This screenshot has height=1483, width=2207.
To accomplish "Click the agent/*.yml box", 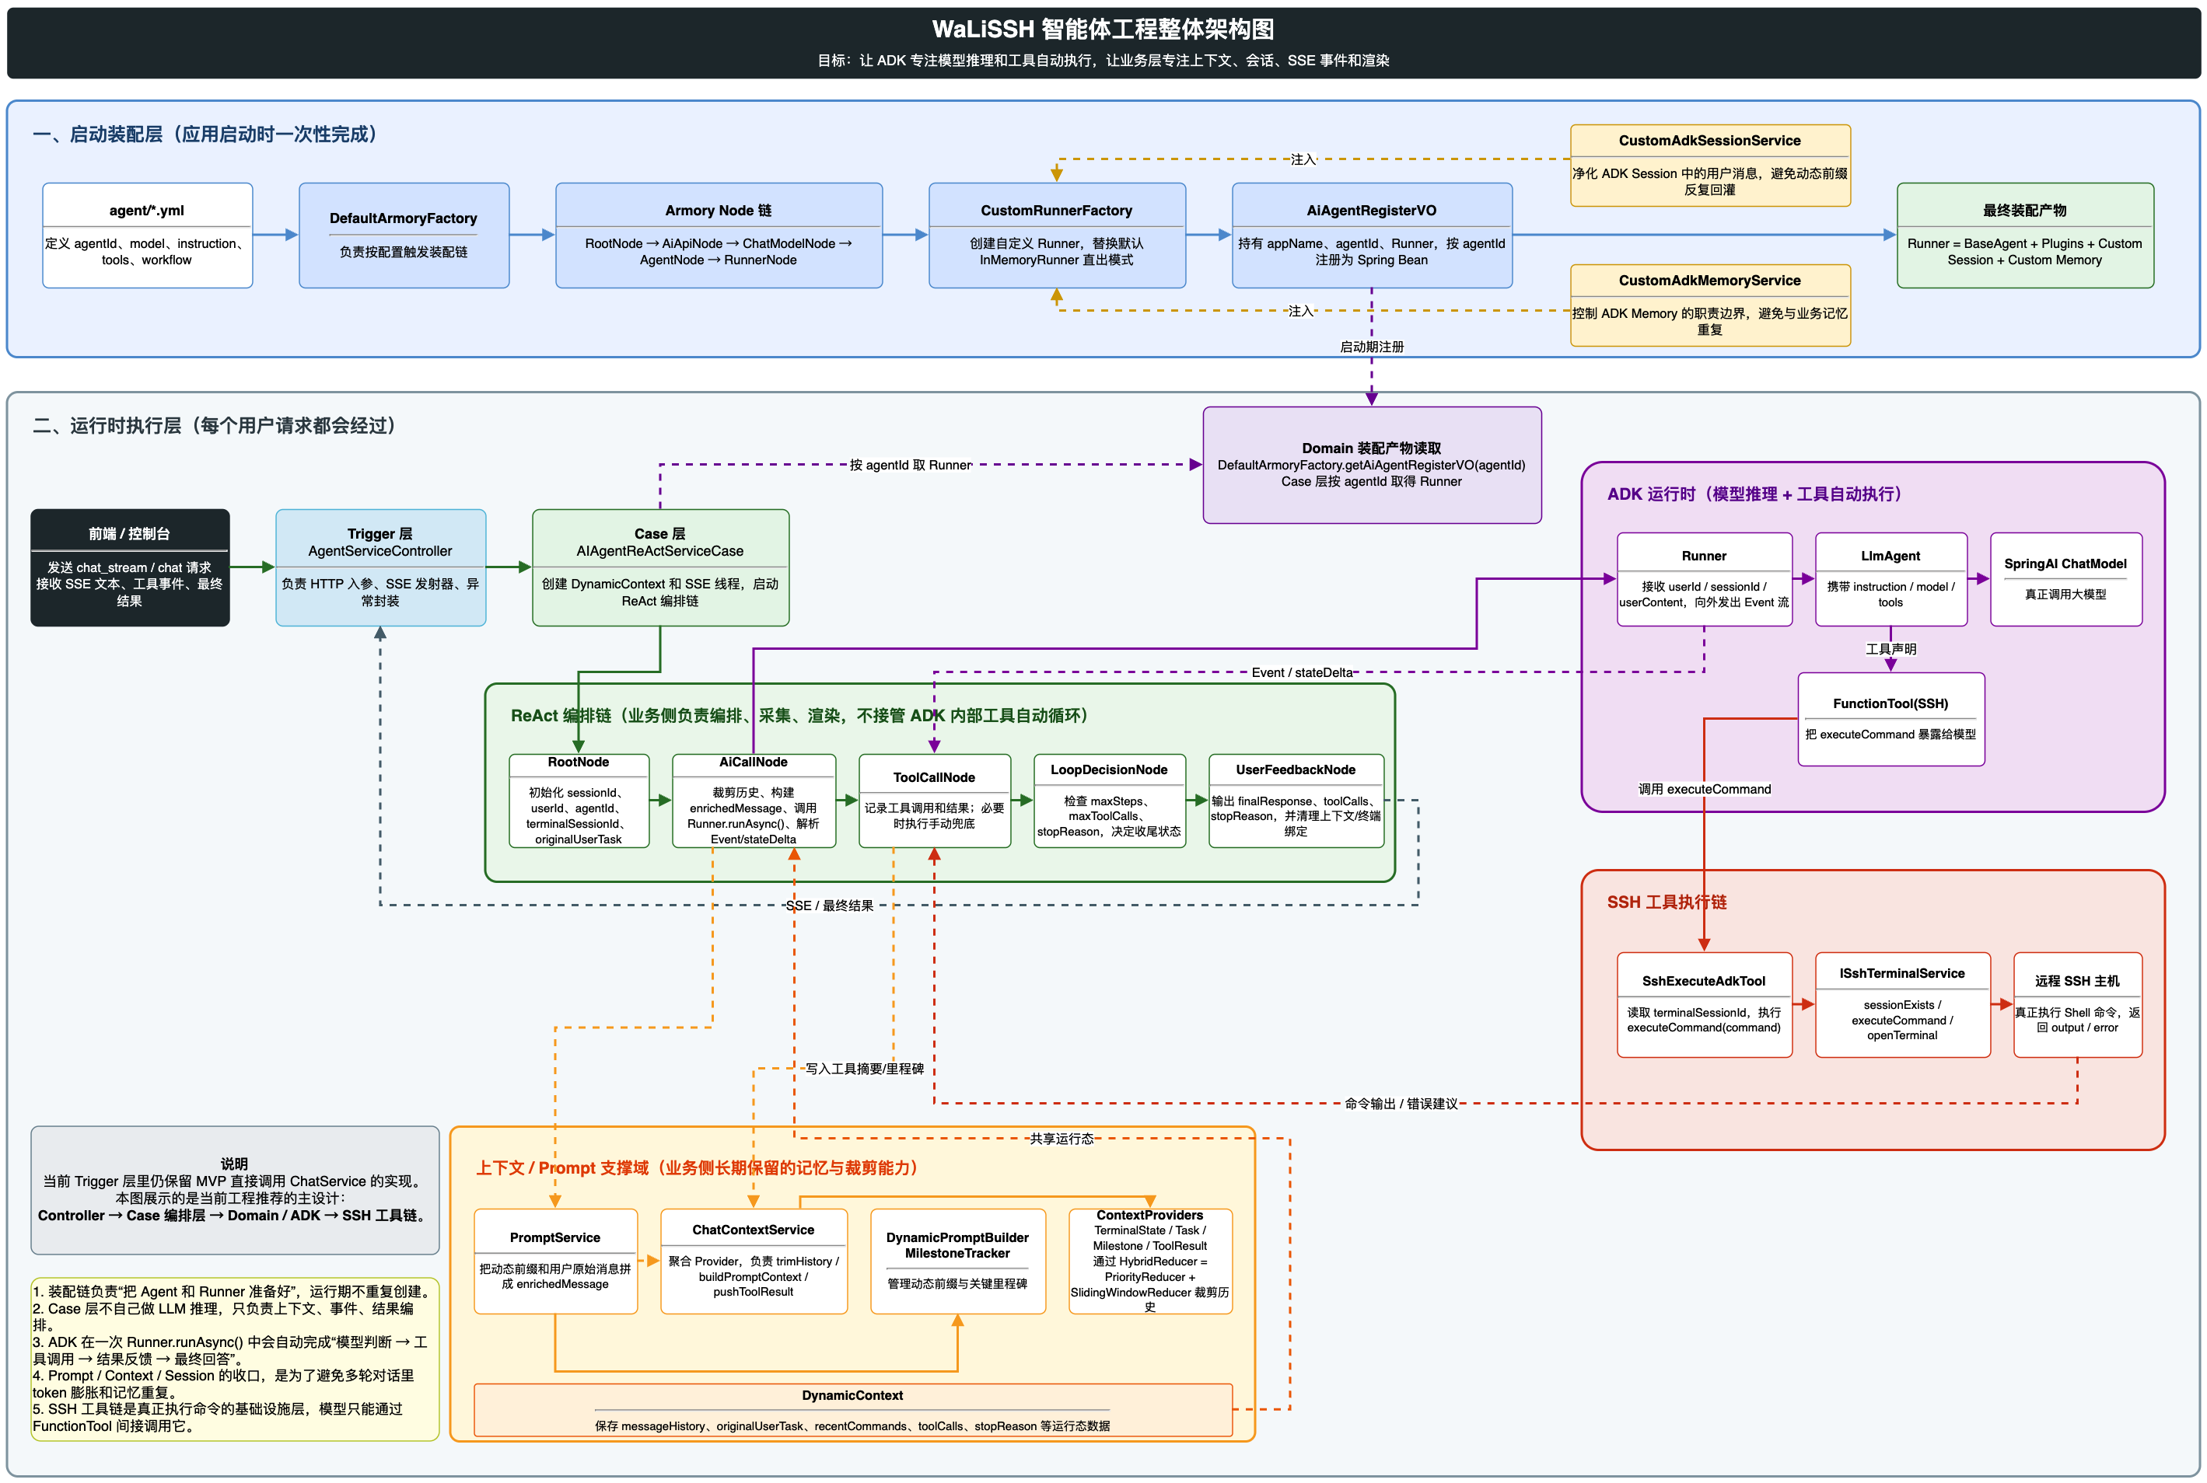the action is pyautogui.click(x=147, y=235).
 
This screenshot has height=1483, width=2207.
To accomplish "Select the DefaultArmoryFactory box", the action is pyautogui.click(x=404, y=235).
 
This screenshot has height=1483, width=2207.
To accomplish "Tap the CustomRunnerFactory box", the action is pyautogui.click(x=1057, y=235).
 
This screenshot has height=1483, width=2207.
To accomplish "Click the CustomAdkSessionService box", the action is pyautogui.click(x=1709, y=166).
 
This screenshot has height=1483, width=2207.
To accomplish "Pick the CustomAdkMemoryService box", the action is pyautogui.click(x=1709, y=305).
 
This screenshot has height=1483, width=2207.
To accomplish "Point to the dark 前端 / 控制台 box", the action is pyautogui.click(x=130, y=567).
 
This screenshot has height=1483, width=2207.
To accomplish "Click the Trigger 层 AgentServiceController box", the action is pyautogui.click(x=380, y=567).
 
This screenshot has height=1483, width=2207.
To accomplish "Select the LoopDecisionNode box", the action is pyautogui.click(x=1109, y=800).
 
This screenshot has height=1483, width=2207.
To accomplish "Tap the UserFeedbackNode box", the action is pyautogui.click(x=1296, y=800).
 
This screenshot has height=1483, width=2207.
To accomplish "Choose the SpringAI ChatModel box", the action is pyautogui.click(x=2065, y=579).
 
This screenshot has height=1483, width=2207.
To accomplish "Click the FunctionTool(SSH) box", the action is pyautogui.click(x=1890, y=719).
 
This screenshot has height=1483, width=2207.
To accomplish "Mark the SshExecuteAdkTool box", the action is pyautogui.click(x=1704, y=1004).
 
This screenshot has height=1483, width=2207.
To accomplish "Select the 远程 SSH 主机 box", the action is pyautogui.click(x=2076, y=1004).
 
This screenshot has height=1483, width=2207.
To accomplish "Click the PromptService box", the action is pyautogui.click(x=555, y=1261).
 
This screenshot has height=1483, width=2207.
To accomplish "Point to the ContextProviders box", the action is pyautogui.click(x=1150, y=1261).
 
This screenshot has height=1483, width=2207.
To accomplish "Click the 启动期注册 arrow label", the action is pyautogui.click(x=1372, y=347).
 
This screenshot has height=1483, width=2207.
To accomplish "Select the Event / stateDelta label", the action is pyautogui.click(x=1302, y=672).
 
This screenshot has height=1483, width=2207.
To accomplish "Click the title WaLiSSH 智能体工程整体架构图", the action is pyautogui.click(x=1103, y=30).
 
